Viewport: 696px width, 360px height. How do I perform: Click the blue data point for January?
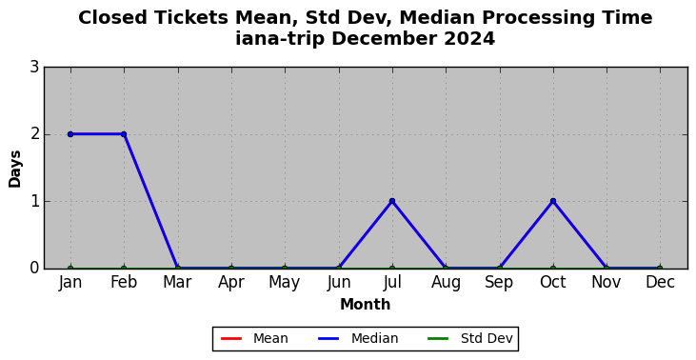click(70, 134)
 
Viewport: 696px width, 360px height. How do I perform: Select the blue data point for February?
click(124, 134)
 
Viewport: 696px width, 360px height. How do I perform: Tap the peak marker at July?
click(392, 201)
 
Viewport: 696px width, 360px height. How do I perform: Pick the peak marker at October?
click(552, 201)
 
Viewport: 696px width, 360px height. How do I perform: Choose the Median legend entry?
click(358, 339)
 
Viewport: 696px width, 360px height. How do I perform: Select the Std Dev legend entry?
click(470, 339)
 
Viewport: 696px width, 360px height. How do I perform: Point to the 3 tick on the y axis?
click(34, 68)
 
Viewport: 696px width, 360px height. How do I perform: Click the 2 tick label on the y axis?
click(34, 134)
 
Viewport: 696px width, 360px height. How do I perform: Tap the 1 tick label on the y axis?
click(34, 202)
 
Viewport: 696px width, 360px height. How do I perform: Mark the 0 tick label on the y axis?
click(34, 269)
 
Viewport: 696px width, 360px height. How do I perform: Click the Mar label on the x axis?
click(177, 282)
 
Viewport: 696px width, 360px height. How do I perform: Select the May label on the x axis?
click(285, 283)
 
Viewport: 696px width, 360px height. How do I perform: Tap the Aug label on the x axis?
click(446, 283)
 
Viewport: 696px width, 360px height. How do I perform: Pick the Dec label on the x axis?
click(660, 282)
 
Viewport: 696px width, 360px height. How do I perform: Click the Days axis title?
click(15, 169)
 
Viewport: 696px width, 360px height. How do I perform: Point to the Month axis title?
click(366, 305)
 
